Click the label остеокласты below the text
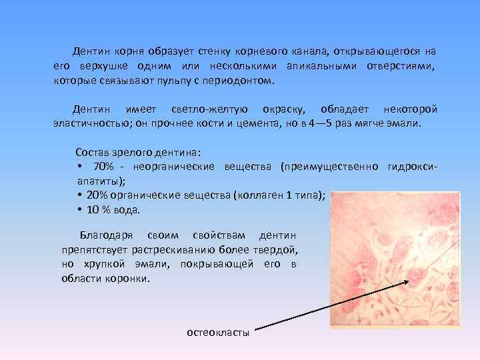pos(218,331)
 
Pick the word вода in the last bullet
pos(127,210)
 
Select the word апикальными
pos(323,66)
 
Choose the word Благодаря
pos(107,235)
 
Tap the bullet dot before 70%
pos(79,166)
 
